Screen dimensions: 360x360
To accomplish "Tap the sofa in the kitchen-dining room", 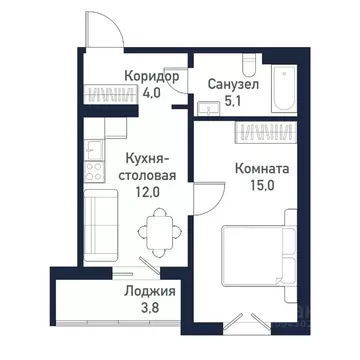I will click(98, 223).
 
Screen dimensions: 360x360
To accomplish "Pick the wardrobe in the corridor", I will click(114, 96).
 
